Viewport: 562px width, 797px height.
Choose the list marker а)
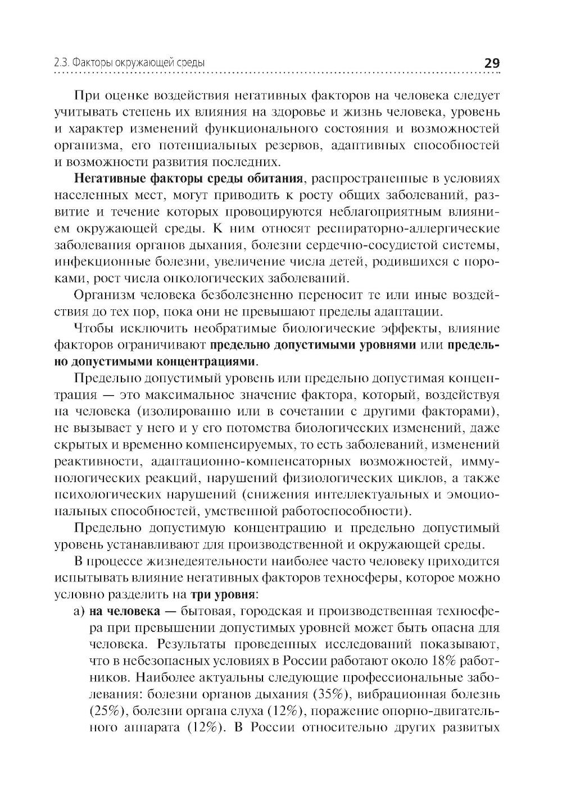[79, 610]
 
